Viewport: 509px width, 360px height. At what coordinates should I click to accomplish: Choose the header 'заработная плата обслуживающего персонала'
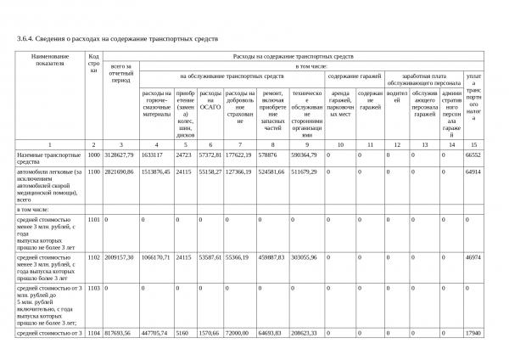pyautogui.click(x=423, y=78)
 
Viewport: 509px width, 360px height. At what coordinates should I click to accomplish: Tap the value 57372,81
pyautogui.click(x=210, y=155)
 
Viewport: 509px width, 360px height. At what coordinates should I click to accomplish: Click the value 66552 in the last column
pyautogui.click(x=473, y=155)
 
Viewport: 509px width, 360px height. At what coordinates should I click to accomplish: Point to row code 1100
pyautogui.click(x=93, y=172)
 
